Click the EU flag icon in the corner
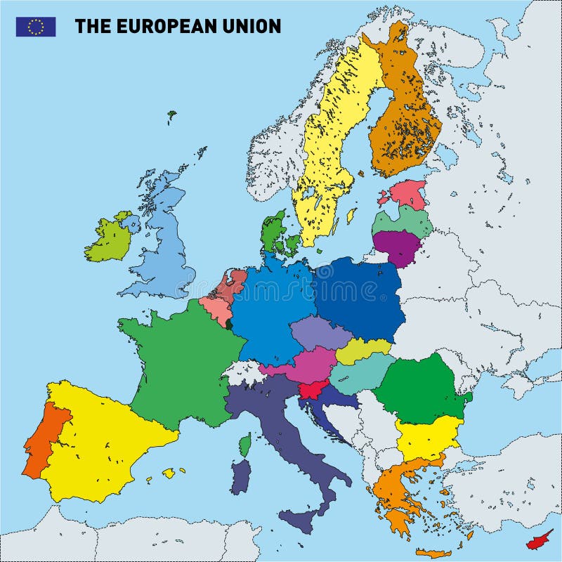click(36, 27)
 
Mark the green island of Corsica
click(245, 445)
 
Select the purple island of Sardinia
click(240, 477)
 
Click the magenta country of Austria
click(311, 365)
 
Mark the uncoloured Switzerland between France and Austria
click(244, 372)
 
